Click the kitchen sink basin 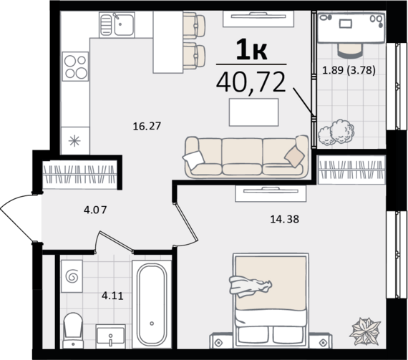124,25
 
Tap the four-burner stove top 75,67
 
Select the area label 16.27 147,126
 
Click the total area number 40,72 251,83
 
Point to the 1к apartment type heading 251,50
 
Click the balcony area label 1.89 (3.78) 349,70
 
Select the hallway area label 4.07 95,210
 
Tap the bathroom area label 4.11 112,296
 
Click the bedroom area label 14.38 285,219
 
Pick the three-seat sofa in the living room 246,157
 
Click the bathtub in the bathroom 152,304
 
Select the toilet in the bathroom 74,331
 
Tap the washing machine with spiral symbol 72,276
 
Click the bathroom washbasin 110,336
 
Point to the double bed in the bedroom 271,300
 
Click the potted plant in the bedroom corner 365,331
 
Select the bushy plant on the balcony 336,132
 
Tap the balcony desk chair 350,49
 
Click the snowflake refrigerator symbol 74,141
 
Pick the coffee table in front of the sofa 253,112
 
